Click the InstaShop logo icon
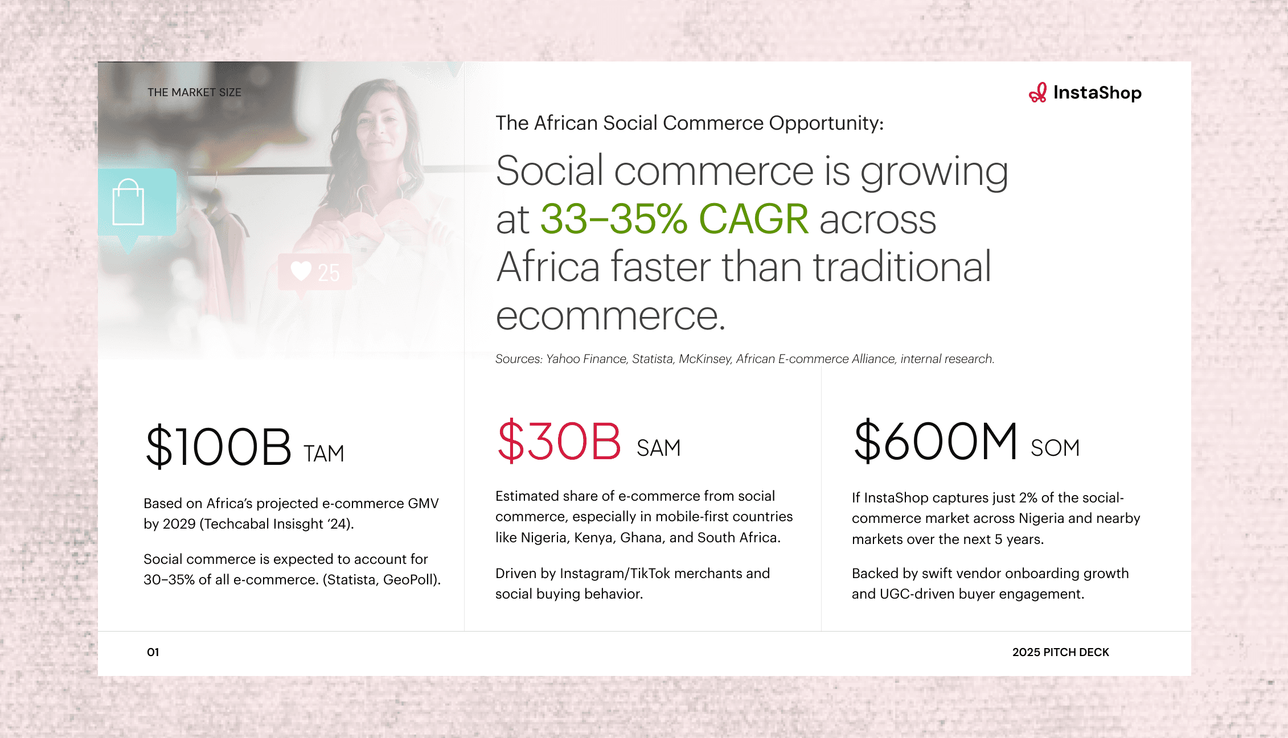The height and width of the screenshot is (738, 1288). (x=1037, y=93)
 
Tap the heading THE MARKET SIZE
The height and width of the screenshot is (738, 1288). (x=194, y=92)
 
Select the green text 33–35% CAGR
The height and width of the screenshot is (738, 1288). (x=674, y=219)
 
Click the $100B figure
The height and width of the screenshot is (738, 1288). (x=219, y=447)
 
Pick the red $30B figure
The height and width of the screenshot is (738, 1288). (x=559, y=441)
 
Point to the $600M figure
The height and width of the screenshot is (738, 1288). (x=936, y=441)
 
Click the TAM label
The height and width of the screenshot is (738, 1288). (x=323, y=454)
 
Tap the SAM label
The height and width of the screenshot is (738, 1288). (x=658, y=448)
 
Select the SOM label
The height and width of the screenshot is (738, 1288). (x=1055, y=448)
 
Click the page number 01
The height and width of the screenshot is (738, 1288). (x=153, y=652)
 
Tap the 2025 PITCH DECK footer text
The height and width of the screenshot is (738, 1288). (x=1061, y=652)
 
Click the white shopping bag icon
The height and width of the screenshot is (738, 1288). (x=128, y=203)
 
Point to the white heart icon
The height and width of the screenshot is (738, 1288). (x=301, y=271)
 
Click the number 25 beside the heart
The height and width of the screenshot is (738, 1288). (x=329, y=273)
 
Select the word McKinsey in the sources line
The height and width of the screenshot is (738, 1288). (x=704, y=359)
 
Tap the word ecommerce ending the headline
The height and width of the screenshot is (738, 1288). (x=610, y=315)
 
